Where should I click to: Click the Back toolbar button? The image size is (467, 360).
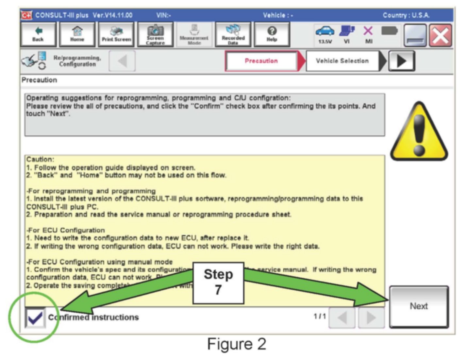[x=38, y=34]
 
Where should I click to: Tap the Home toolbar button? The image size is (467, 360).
[x=77, y=34]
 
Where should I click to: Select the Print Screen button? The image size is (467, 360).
[x=116, y=34]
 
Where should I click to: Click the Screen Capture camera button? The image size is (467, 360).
[x=155, y=34]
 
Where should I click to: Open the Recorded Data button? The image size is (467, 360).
[x=233, y=34]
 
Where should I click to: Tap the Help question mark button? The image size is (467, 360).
[x=272, y=34]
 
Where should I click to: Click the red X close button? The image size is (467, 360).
[x=440, y=35]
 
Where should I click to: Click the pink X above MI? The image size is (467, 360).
[x=368, y=31]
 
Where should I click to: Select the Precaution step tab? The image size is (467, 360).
[x=261, y=61]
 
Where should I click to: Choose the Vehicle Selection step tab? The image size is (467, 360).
[x=342, y=61]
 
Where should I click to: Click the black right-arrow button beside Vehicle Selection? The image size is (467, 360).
[x=401, y=61]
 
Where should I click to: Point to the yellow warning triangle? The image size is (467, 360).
[x=419, y=132]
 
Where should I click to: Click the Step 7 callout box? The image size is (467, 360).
[x=218, y=283]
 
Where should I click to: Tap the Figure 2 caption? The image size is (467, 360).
[x=237, y=344]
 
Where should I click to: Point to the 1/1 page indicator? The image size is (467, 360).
[x=320, y=316]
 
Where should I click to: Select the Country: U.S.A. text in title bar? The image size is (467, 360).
[x=406, y=15]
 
